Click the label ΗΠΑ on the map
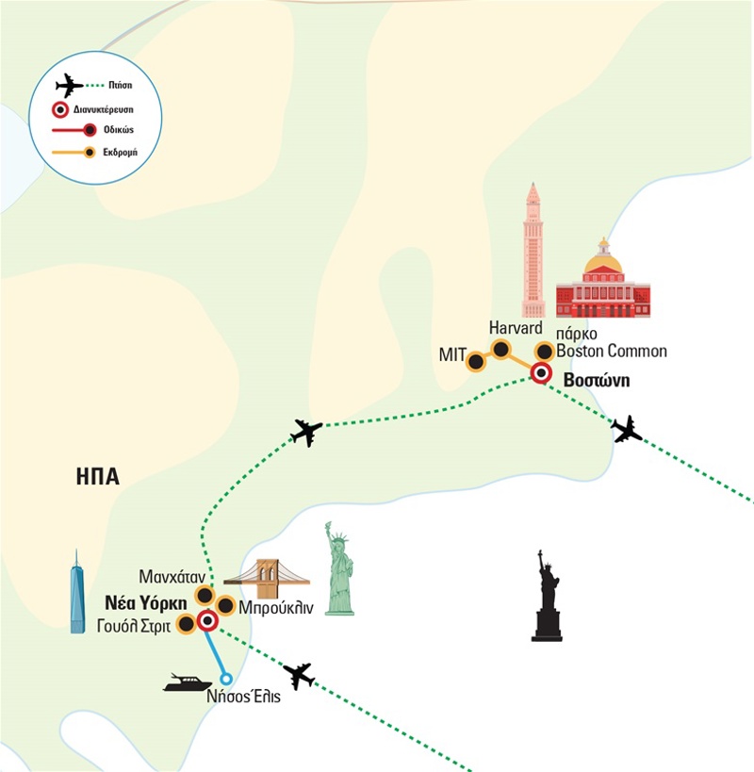point(97,476)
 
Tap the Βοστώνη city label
point(595,381)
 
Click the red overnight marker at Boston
point(541,373)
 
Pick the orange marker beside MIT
point(477,360)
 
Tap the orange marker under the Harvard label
point(501,349)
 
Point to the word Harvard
point(516,328)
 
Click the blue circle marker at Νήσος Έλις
point(225,678)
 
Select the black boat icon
point(188,682)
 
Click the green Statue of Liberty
point(339,569)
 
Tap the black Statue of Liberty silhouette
point(547,597)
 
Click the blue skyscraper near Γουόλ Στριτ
point(77,594)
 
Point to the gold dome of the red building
point(603,260)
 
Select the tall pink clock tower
point(533,251)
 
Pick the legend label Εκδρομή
point(120,151)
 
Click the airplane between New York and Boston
point(306,432)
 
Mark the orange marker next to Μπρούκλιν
point(226,605)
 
